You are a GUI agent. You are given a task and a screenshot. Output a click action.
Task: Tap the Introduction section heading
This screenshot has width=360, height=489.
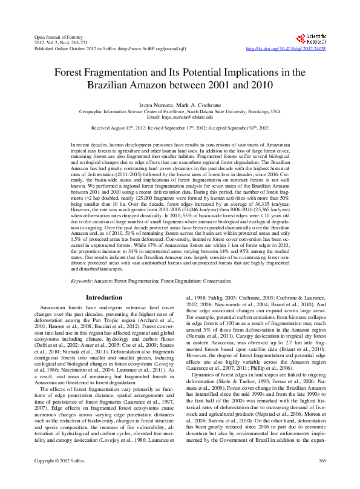[x=104, y=298]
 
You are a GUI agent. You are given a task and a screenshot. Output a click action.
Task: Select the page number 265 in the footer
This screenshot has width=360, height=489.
[x=321, y=478]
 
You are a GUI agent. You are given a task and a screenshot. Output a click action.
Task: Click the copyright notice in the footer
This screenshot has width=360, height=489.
[x=57, y=478]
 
